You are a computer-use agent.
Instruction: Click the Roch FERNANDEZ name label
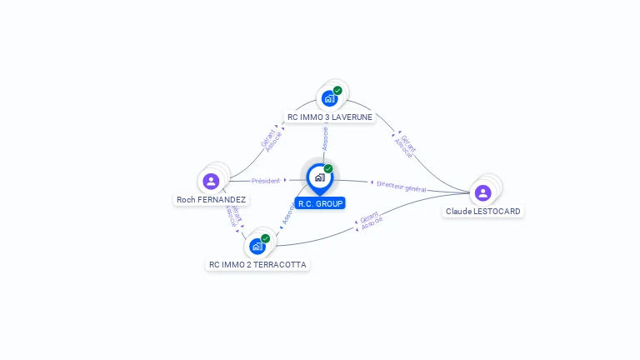(x=211, y=200)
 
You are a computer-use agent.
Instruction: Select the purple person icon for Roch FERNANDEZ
(x=211, y=181)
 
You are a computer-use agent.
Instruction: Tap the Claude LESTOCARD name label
(x=482, y=212)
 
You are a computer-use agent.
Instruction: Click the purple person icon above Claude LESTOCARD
(x=482, y=192)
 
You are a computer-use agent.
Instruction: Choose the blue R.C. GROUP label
(x=320, y=203)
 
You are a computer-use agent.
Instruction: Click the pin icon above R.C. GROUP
(x=319, y=177)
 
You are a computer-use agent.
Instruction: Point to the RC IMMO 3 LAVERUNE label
(x=329, y=117)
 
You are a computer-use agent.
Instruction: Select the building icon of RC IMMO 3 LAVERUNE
(x=329, y=98)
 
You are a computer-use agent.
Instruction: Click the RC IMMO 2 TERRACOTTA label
(x=257, y=265)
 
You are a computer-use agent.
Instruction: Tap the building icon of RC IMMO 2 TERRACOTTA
(x=257, y=247)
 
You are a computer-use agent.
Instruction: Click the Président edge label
(x=266, y=181)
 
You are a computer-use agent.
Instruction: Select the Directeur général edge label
(x=401, y=187)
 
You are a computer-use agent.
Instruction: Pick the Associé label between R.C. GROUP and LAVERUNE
(x=325, y=138)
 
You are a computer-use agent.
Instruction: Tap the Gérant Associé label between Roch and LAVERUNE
(x=272, y=139)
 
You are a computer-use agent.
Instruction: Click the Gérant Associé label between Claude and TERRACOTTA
(x=370, y=220)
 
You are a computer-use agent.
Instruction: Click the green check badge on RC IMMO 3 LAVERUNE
(x=337, y=90)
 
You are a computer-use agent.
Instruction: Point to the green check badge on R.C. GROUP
(x=328, y=168)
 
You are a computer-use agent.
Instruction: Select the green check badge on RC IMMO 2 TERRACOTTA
(x=266, y=238)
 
